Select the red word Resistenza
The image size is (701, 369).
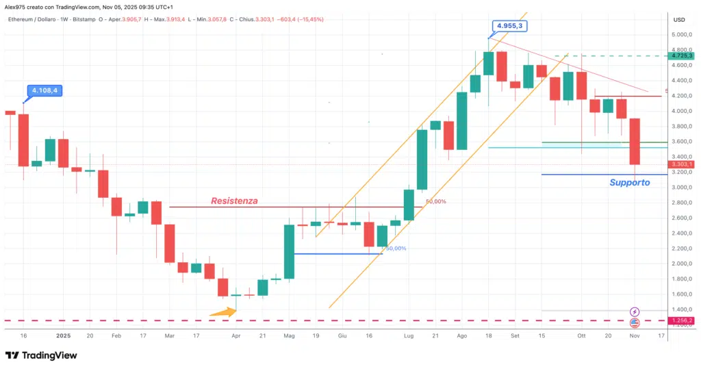(234, 201)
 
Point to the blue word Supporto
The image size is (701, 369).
(629, 183)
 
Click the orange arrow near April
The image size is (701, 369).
(222, 312)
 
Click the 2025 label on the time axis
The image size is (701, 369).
(64, 336)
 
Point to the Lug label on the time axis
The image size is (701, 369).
(409, 336)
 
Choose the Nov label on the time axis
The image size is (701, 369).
(635, 336)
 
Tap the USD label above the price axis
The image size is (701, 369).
(679, 19)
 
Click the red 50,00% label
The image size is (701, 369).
(435, 202)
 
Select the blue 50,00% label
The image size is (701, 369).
(396, 249)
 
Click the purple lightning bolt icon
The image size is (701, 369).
(635, 311)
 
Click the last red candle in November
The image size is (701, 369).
(635, 141)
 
